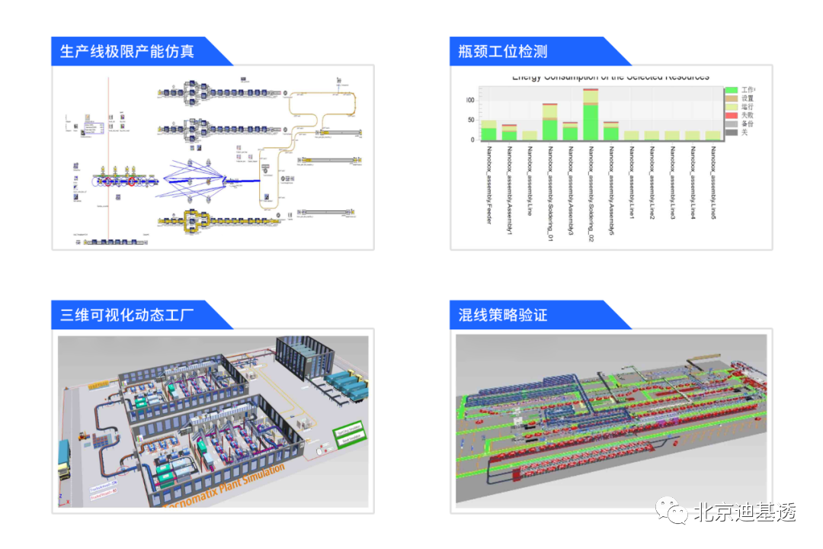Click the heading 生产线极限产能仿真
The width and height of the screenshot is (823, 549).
[127, 52]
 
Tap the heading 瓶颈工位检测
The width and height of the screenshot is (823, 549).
[503, 52]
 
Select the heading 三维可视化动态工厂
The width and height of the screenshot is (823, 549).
[127, 314]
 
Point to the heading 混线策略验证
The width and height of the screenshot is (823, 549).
[503, 314]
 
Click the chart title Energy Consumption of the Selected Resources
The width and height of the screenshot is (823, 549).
[610, 77]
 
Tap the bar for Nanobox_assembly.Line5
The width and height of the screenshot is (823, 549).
[713, 136]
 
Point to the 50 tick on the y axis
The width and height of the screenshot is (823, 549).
[469, 120]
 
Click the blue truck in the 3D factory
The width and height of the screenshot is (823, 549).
[64, 462]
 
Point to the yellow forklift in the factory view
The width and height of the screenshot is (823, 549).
[81, 440]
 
